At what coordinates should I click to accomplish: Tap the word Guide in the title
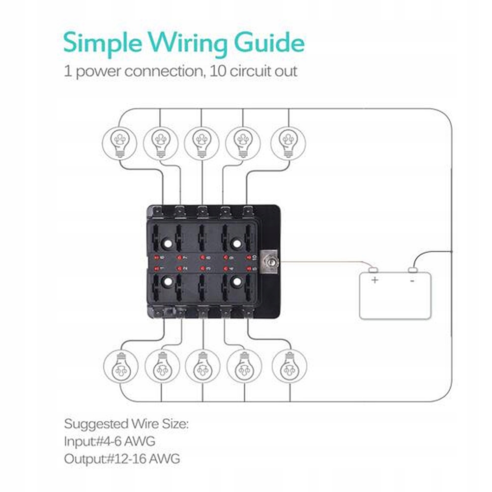click(269, 44)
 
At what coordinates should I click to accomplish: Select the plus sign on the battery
click(375, 280)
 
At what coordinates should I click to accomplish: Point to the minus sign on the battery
click(412, 280)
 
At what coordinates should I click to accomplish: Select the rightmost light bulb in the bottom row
click(289, 366)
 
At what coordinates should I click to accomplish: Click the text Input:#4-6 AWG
click(109, 441)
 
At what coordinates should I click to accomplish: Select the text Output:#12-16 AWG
click(122, 459)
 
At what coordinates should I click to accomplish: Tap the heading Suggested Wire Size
click(126, 423)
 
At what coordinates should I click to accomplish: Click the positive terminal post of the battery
click(374, 269)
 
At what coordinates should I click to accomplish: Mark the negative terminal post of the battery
click(413, 269)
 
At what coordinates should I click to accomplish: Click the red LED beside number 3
click(203, 268)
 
